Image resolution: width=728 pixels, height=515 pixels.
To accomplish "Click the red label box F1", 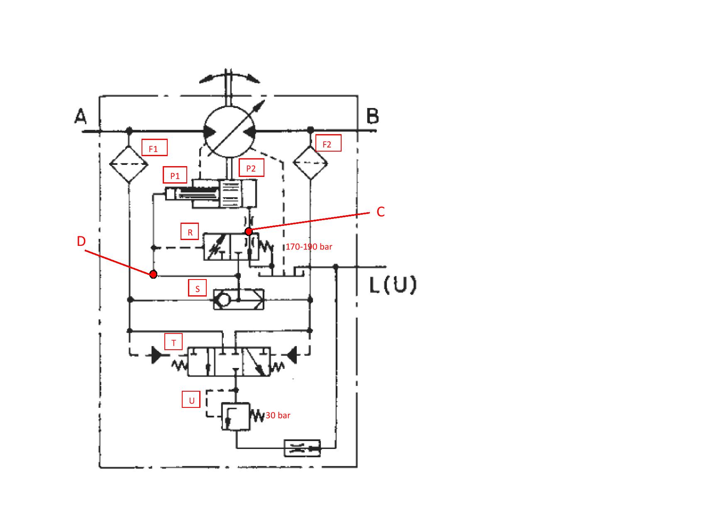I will [154, 147].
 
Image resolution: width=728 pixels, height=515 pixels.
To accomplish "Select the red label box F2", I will [328, 143].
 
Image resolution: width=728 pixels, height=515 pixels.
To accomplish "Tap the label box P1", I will [175, 175].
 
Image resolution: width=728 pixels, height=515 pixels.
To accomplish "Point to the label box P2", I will [252, 167].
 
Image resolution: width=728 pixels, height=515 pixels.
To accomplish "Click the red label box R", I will [190, 232].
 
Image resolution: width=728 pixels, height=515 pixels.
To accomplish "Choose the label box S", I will [198, 288].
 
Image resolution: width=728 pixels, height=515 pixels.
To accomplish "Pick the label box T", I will [173, 342].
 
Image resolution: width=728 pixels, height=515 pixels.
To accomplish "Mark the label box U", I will [191, 400].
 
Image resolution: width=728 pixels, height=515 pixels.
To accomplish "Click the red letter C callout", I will [380, 212].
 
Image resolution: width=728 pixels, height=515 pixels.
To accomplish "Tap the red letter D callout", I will [81, 241].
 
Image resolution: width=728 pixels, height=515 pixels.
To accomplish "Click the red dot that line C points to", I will [249, 231].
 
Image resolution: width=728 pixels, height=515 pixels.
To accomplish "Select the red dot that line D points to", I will [153, 274].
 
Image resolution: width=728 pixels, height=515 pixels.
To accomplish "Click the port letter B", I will [373, 116].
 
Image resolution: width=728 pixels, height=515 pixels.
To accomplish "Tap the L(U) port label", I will [392, 285].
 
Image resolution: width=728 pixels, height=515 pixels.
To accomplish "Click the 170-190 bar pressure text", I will [309, 247].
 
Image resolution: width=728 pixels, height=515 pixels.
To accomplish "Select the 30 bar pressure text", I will [278, 415].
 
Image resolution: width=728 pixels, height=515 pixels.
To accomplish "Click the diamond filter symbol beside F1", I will [129, 164].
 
